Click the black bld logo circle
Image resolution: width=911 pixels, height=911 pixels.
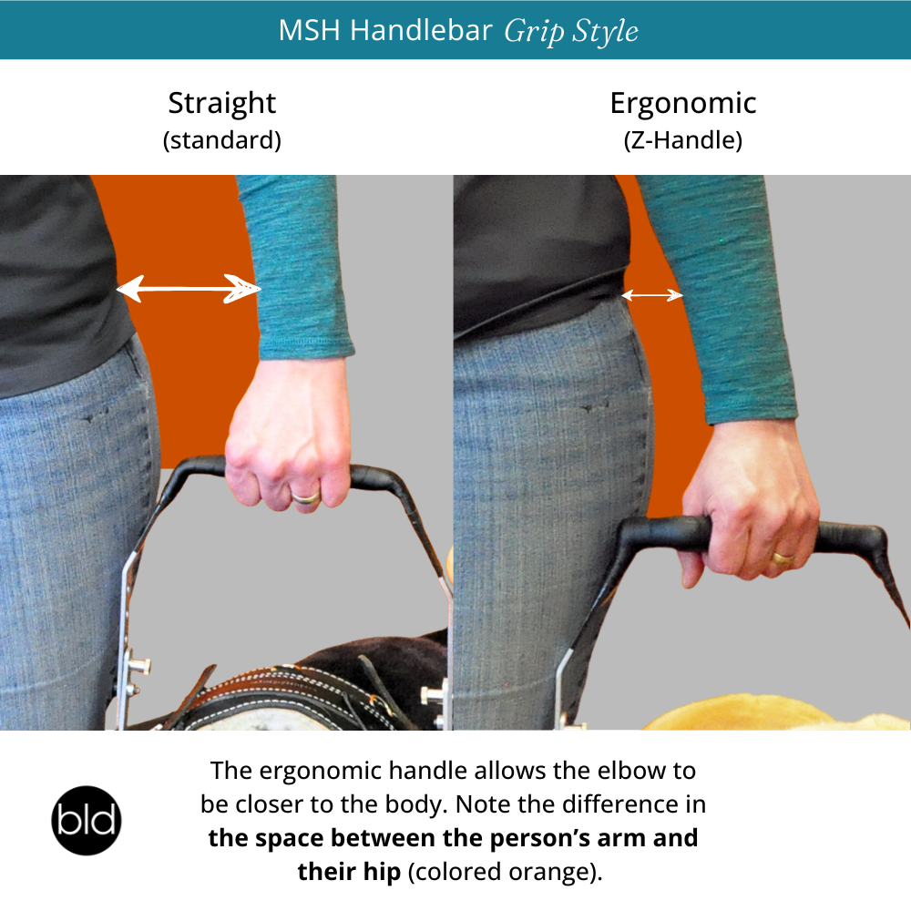coord(87,820)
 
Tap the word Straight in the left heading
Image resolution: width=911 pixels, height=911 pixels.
coord(222,105)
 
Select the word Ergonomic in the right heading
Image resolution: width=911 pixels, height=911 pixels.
coord(682,105)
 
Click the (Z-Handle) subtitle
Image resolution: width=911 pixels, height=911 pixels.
coord(682,140)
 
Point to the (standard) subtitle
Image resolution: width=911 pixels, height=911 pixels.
coord(222,140)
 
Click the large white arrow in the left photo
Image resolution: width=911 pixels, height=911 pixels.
coord(189,288)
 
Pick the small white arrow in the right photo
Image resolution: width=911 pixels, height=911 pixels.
coord(652,295)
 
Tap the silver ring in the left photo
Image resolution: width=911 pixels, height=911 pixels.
coord(305,497)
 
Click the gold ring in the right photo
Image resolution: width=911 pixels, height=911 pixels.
coord(783,558)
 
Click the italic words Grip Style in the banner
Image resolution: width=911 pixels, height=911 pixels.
coord(570,31)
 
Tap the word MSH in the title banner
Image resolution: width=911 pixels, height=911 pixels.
coord(310,30)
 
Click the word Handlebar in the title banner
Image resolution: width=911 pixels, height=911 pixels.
coord(421,30)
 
